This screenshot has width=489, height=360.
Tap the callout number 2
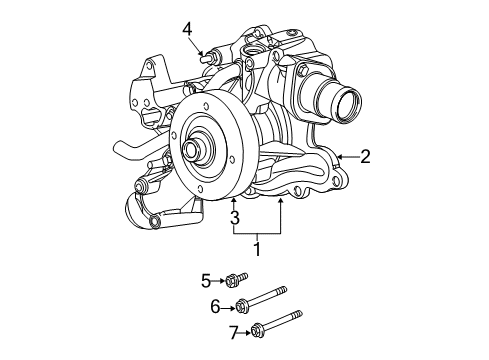point(365,155)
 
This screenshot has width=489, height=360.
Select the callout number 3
point(235,218)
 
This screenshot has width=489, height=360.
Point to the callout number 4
point(186,30)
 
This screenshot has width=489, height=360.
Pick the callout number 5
point(206,280)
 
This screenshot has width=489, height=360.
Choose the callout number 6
point(214,308)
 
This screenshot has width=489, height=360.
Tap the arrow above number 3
point(235,202)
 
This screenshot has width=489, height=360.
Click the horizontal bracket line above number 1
point(258,232)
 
